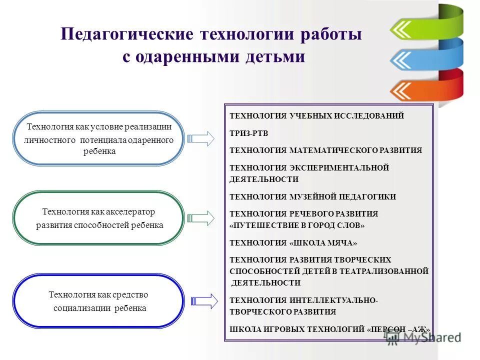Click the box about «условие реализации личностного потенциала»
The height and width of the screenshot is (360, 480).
pyautogui.click(x=99, y=138)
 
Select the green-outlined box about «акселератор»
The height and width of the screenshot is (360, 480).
pyautogui.click(x=99, y=218)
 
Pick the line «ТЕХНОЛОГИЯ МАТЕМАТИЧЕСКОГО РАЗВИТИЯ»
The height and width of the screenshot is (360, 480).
pyautogui.click(x=325, y=150)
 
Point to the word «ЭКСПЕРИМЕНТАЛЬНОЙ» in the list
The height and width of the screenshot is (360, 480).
pyautogui.click(x=339, y=167)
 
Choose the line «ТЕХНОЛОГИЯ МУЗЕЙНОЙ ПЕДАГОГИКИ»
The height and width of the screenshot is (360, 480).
pyautogui.click(x=312, y=197)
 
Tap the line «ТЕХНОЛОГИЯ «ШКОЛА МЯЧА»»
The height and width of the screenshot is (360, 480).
pyautogui.click(x=293, y=243)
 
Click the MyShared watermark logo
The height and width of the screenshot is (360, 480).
pyautogui.click(x=422, y=338)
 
